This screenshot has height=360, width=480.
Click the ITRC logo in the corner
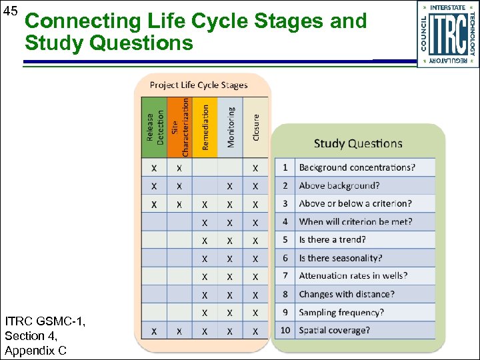click(x=447, y=34)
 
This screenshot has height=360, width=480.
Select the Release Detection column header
click(x=155, y=127)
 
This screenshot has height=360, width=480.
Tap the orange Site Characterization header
click(x=179, y=127)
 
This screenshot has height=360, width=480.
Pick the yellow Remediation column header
click(x=205, y=127)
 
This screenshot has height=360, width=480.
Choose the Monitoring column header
click(x=231, y=127)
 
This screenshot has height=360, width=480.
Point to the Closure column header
click(x=256, y=127)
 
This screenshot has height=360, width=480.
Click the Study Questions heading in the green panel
click(x=358, y=143)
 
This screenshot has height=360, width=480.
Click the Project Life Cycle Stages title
click(x=199, y=85)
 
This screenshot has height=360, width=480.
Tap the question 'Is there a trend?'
click(x=332, y=239)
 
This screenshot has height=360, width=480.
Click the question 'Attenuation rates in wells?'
click(x=353, y=275)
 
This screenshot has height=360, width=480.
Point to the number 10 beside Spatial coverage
click(x=285, y=330)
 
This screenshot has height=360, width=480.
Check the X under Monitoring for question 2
click(x=230, y=185)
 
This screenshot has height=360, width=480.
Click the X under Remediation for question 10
click(x=205, y=330)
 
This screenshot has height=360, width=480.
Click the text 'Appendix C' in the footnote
click(x=35, y=350)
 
